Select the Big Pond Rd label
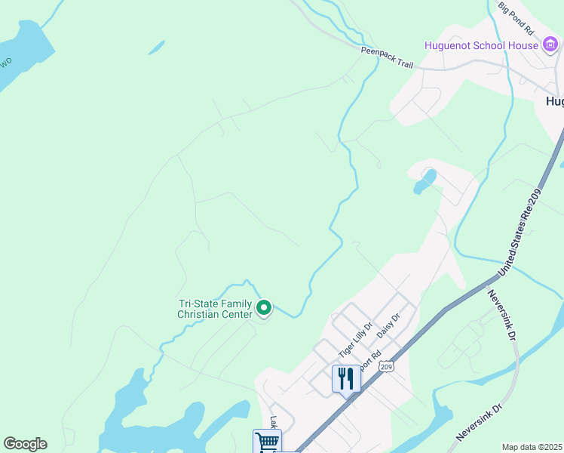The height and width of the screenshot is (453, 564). (516, 19)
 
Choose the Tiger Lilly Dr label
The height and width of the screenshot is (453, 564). (356, 341)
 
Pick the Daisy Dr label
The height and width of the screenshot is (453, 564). (387, 328)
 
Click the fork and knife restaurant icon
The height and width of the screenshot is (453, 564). (346, 377)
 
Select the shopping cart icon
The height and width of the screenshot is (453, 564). (267, 441)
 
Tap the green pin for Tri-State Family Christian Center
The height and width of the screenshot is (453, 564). (264, 308)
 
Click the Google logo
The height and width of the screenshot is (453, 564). (25, 444)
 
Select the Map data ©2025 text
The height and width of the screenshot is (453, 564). (532, 447)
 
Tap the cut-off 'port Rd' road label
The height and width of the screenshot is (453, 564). (371, 361)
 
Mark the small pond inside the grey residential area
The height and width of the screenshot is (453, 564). (425, 181)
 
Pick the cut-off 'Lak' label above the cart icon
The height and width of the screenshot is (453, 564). (274, 423)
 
